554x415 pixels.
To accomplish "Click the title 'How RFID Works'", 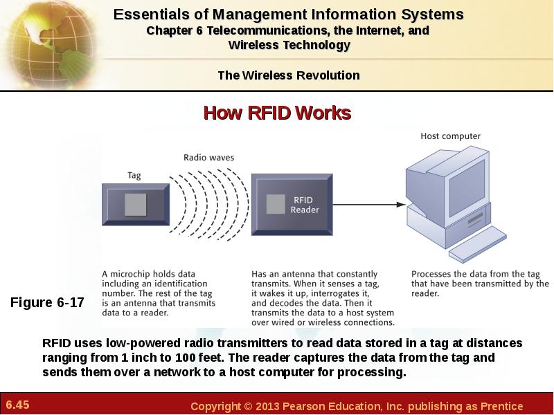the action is (278, 113).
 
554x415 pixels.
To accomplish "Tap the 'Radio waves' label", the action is (209, 158).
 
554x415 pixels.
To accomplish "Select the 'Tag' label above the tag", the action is (134, 176).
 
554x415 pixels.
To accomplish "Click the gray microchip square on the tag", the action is (135, 205).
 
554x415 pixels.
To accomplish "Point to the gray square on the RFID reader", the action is (276, 204).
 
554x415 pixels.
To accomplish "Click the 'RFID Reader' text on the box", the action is (305, 205).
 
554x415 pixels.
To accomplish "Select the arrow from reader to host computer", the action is (369, 204).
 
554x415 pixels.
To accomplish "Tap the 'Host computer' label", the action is (451, 136).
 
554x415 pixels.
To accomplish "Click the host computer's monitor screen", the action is (467, 188).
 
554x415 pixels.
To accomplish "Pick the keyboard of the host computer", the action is (478, 244).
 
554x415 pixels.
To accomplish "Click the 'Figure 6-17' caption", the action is (47, 302).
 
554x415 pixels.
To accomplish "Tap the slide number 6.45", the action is (18, 405).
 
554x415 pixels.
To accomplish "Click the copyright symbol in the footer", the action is (249, 406).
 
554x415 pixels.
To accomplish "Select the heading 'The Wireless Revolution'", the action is (289, 75).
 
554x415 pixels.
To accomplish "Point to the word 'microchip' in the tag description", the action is (127, 274).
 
